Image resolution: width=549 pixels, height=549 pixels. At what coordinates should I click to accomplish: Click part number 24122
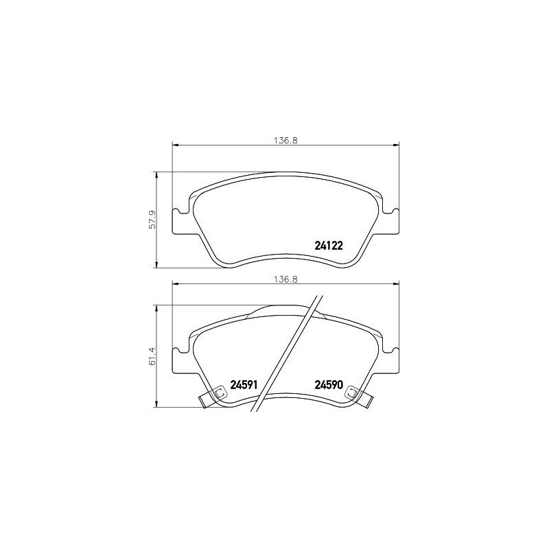point(328,246)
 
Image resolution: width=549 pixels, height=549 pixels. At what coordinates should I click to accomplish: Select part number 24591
point(244,385)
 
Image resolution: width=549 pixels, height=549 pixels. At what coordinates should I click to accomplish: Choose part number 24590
point(328,385)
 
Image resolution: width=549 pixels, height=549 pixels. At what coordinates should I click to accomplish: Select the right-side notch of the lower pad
point(393,351)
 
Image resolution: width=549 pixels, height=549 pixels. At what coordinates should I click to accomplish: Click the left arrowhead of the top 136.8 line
point(174,145)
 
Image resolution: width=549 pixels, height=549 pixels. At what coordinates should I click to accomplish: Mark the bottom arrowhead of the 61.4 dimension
point(159,404)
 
